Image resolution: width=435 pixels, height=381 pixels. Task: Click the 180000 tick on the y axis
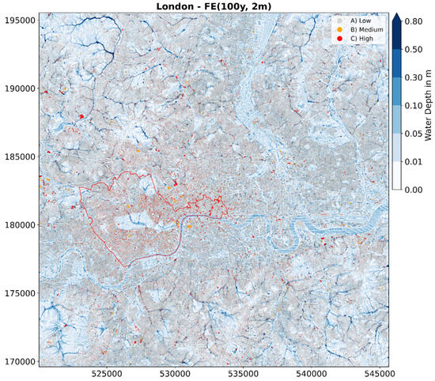click(x=18, y=224)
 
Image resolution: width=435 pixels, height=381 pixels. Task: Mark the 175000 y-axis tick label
click(x=18, y=293)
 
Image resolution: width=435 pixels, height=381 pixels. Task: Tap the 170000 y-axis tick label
click(x=18, y=361)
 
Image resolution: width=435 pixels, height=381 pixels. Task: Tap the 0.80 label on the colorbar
click(x=412, y=23)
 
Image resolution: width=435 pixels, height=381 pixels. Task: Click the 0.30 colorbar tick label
click(x=412, y=78)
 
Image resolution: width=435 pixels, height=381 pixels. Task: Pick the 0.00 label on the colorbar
click(x=412, y=190)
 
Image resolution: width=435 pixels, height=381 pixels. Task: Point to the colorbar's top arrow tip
click(x=397, y=13)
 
